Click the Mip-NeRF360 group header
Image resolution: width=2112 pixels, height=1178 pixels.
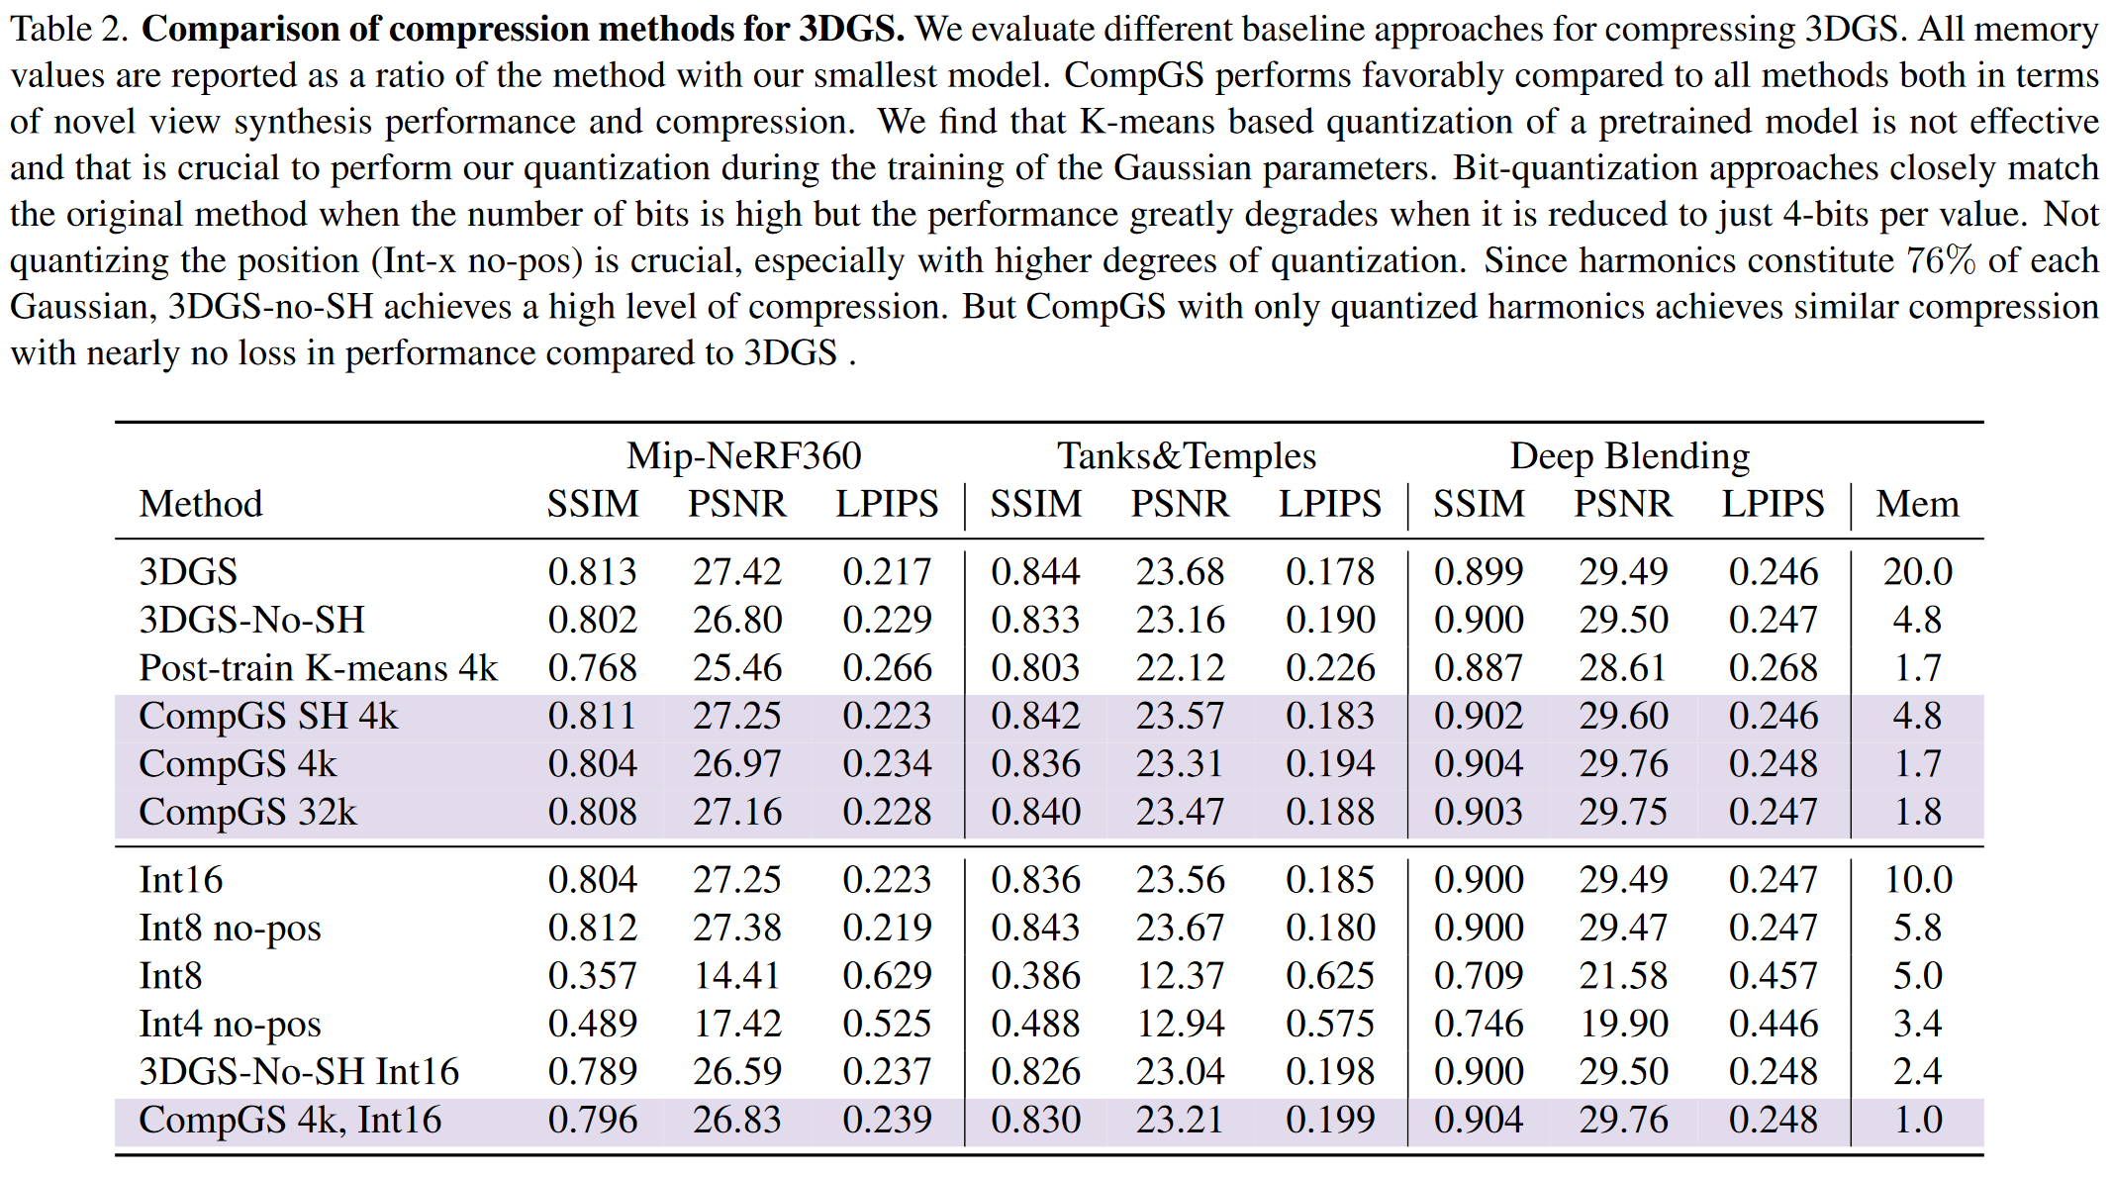pos(743,455)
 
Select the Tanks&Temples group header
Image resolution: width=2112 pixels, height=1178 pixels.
pos(1187,455)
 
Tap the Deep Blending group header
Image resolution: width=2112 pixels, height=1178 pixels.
pos(1630,455)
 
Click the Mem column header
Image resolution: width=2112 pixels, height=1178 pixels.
pos(1918,504)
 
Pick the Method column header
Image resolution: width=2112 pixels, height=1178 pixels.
pos(201,504)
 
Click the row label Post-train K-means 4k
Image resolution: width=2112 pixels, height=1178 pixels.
pos(319,668)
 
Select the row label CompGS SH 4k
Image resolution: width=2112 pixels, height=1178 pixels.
pos(268,716)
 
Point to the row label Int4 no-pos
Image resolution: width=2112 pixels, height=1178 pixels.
pos(231,1024)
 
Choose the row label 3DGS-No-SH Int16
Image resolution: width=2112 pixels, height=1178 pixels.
pos(299,1071)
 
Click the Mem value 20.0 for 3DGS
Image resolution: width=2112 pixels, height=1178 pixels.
pos(1918,572)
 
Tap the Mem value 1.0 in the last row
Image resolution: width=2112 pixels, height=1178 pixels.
pos(1918,1120)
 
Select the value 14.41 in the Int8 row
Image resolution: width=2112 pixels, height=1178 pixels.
pos(737,976)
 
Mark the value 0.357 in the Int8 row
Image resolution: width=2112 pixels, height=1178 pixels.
pos(592,976)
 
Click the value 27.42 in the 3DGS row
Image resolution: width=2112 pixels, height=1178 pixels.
pos(737,572)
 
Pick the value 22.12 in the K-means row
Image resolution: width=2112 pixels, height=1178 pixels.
pos(1181,668)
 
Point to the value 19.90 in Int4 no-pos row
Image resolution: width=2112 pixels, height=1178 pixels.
pos(1624,1024)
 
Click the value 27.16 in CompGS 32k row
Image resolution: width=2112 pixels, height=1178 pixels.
pos(737,812)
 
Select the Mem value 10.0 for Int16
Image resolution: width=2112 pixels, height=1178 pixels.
pos(1918,880)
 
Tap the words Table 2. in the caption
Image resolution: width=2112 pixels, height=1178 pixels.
pos(69,30)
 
